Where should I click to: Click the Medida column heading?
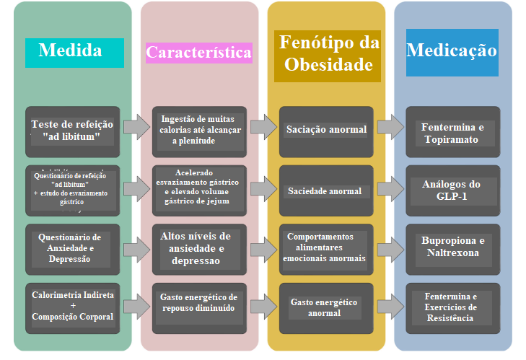click(70, 51)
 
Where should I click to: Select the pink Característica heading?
click(198, 53)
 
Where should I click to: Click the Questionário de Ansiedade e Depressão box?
click(70, 248)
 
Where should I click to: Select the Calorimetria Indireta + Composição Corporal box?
click(72, 307)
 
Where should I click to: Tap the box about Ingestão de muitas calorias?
click(199, 131)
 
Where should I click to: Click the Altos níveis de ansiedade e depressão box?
click(199, 248)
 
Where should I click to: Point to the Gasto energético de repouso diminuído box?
click(199, 303)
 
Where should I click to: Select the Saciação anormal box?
click(326, 131)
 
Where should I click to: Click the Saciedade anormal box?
click(326, 191)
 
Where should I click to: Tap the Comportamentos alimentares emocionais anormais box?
click(326, 248)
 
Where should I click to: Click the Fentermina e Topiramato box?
click(452, 133)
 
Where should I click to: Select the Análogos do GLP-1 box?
click(452, 190)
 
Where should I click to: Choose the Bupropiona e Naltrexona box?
click(452, 247)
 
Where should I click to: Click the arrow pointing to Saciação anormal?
click(263, 127)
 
